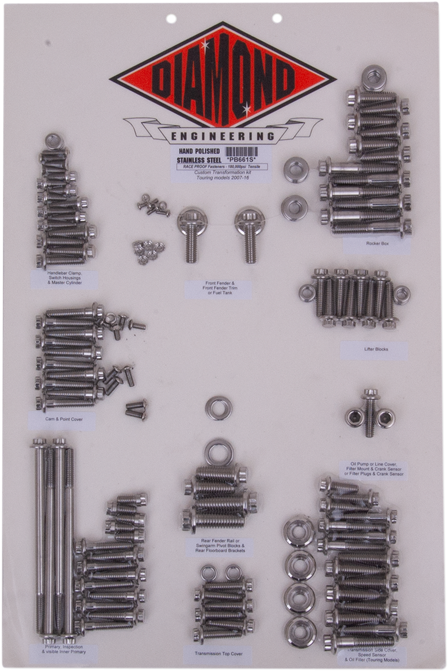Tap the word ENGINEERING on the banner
click(x=223, y=137)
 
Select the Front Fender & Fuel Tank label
click(x=218, y=289)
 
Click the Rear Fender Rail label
click(x=216, y=545)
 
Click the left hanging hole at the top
click(x=171, y=19)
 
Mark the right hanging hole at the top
click(x=277, y=18)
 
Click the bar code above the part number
click(x=243, y=152)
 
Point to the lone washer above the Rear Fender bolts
click(x=219, y=407)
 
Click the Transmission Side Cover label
click(x=373, y=655)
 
